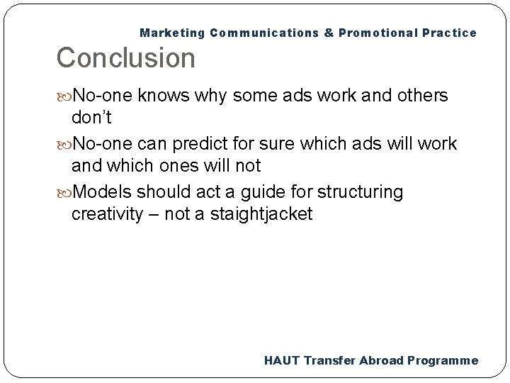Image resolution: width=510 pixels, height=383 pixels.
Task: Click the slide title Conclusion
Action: point(125,58)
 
